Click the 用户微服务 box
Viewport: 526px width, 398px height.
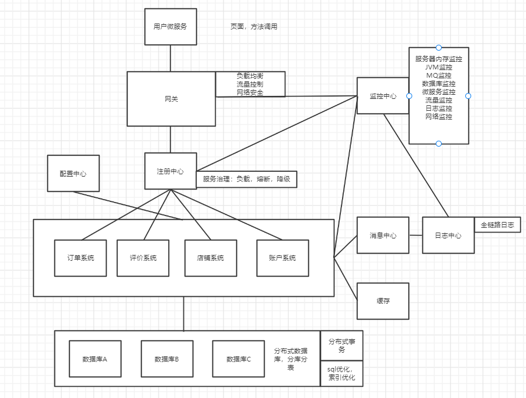(170, 26)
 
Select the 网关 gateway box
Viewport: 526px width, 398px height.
(171, 99)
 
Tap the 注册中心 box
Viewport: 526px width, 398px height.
(170, 171)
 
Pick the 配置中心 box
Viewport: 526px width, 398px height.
(73, 174)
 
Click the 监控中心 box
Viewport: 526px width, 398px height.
(383, 96)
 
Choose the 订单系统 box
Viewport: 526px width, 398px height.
(80, 258)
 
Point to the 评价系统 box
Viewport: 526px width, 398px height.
(143, 258)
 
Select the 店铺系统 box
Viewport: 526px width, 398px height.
(211, 258)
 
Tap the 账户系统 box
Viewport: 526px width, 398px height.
(282, 258)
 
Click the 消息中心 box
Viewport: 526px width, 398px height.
(383, 236)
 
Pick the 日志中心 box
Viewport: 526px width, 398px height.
(448, 236)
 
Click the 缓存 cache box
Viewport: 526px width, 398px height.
(383, 301)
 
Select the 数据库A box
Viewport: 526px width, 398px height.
(95, 359)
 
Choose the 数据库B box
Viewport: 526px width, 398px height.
(167, 359)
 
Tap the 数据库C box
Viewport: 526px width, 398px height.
(239, 359)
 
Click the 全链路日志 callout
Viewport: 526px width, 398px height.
(497, 225)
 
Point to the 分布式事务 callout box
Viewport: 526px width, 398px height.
(341, 346)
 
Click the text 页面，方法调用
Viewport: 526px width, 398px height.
(254, 27)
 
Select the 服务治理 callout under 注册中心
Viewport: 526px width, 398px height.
(246, 180)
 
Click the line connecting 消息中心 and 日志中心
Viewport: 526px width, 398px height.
(416, 236)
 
